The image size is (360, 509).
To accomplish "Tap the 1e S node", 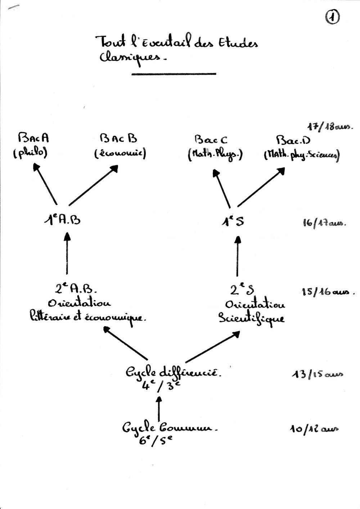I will point(233,221).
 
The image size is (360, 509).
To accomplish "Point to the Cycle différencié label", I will point(173,373).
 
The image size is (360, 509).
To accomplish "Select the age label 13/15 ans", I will point(317,375).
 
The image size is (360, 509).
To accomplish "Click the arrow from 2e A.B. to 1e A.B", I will point(67,254).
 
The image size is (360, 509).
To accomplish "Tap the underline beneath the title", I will point(174,74).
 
